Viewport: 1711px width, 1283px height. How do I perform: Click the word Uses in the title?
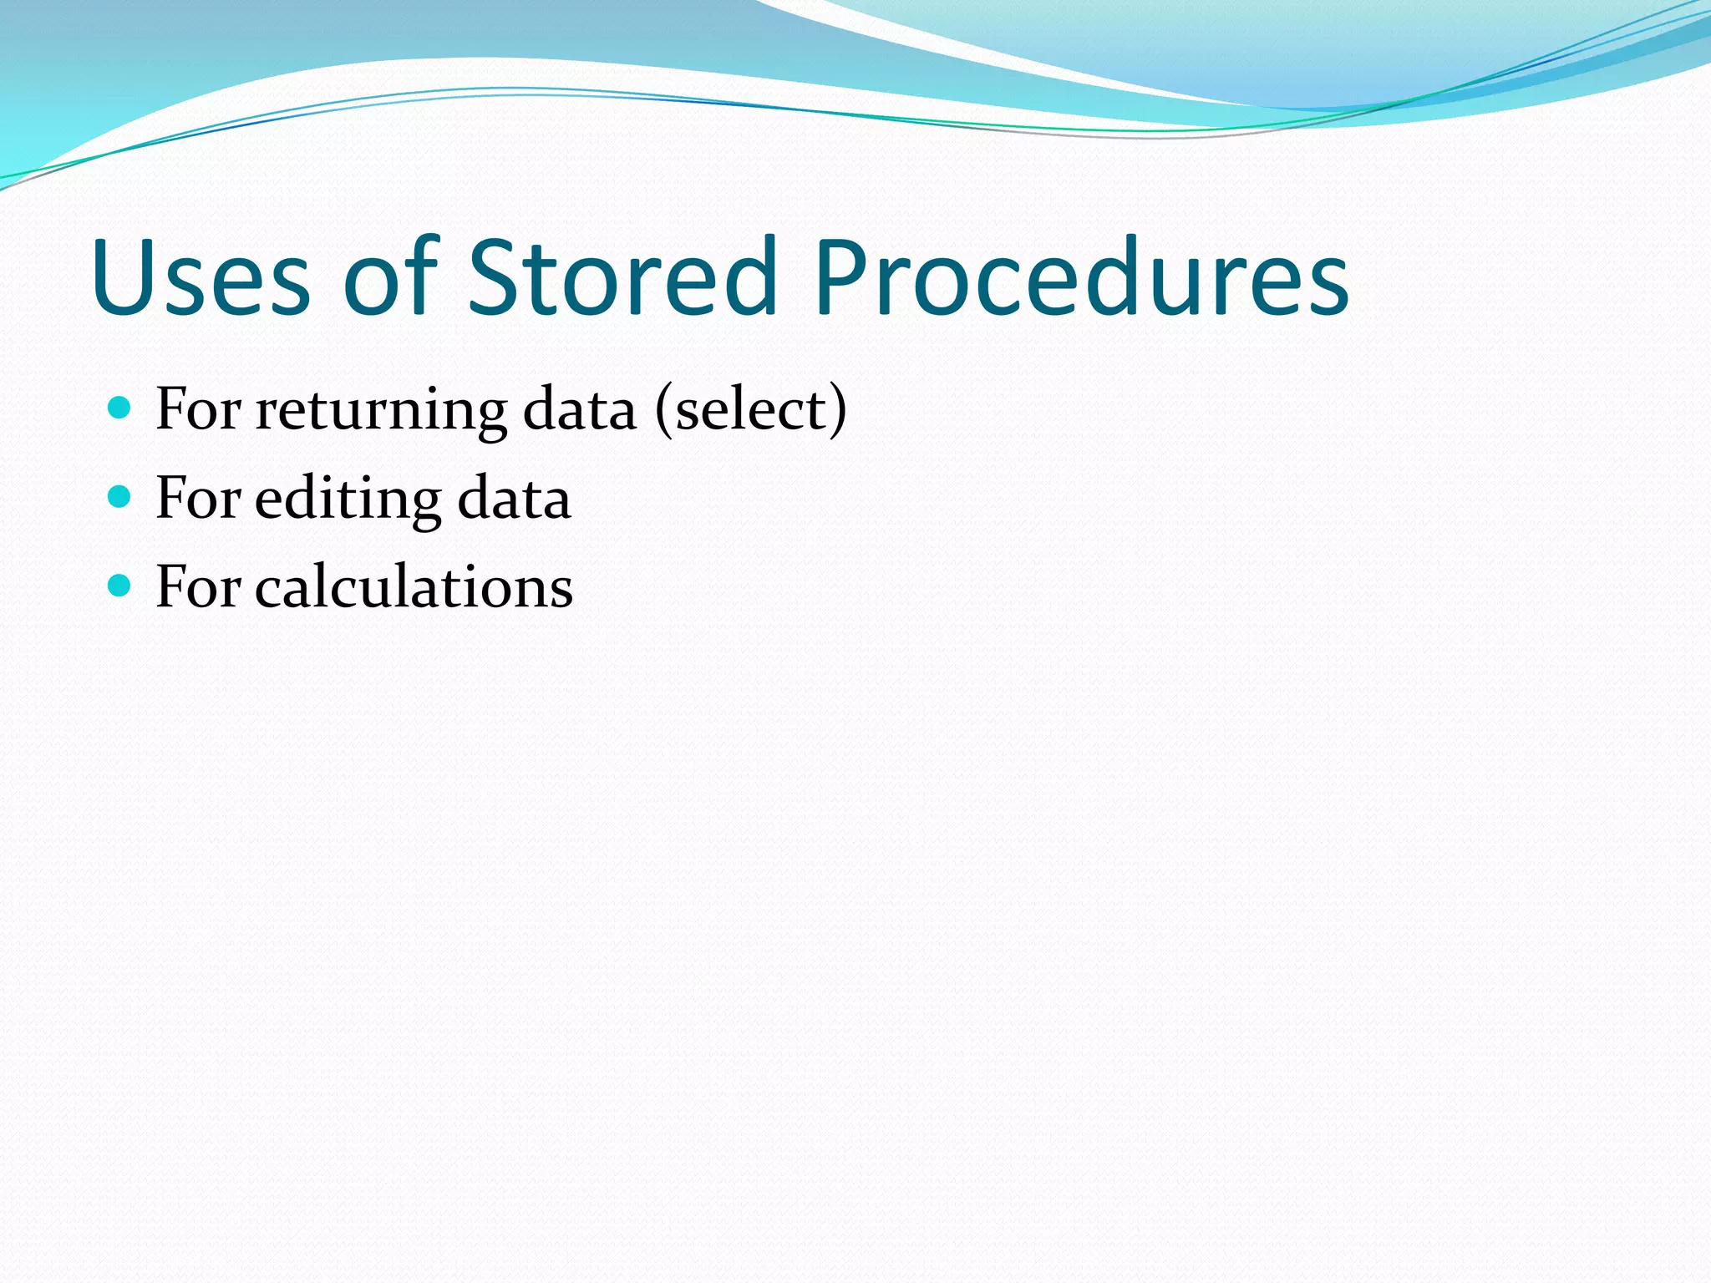[201, 277]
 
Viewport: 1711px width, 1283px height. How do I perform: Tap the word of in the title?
[390, 277]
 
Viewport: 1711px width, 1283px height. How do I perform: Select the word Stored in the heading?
[622, 277]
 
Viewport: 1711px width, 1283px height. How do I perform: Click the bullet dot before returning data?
[120, 408]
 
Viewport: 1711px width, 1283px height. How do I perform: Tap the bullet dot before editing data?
[120, 497]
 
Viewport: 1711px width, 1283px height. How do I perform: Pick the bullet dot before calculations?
[120, 586]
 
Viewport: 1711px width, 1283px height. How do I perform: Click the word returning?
[381, 411]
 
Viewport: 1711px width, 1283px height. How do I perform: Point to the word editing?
[348, 500]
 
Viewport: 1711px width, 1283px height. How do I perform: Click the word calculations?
[414, 586]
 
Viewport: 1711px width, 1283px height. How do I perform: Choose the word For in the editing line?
[198, 499]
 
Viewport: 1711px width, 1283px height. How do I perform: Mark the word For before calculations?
[198, 587]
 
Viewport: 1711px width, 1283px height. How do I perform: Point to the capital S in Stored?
[493, 277]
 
